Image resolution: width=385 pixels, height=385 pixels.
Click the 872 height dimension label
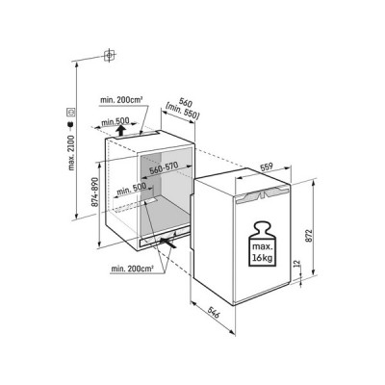tap(309, 236)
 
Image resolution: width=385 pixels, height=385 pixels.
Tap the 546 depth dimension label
tap(214, 313)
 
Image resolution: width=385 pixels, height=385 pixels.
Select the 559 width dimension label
tap(266, 167)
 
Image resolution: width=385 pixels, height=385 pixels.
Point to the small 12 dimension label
tap(296, 264)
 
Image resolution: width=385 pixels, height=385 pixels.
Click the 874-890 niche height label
tap(94, 192)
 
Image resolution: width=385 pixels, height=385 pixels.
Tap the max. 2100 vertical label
tap(71, 153)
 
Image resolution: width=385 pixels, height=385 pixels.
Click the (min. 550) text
tap(183, 112)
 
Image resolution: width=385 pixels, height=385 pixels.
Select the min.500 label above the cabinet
tap(115, 121)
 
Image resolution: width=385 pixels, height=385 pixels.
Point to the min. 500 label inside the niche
tap(131, 189)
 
